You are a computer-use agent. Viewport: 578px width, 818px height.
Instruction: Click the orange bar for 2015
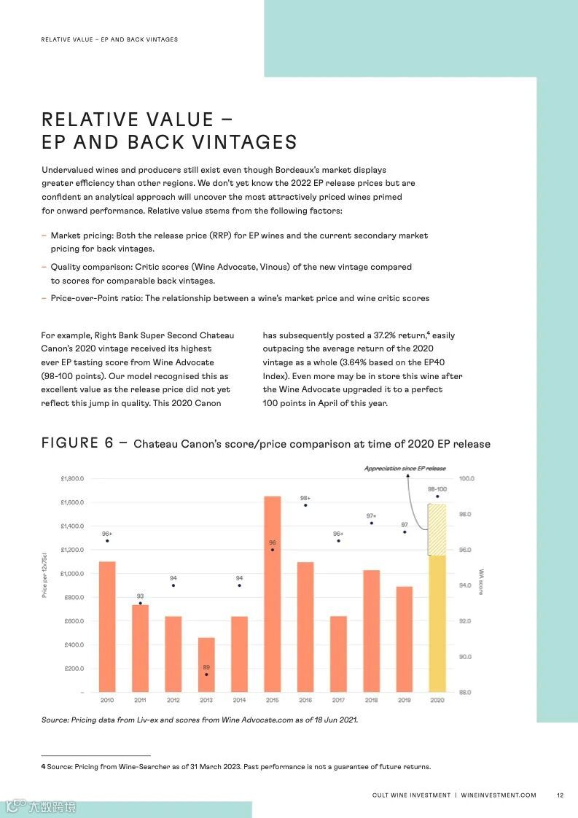(272, 594)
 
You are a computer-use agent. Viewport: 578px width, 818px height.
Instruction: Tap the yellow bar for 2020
(437, 623)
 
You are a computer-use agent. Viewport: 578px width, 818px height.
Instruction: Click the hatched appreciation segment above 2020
(437, 529)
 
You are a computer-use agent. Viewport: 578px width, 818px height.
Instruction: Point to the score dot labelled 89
(206, 675)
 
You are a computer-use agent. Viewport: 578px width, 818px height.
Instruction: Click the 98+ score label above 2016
(305, 498)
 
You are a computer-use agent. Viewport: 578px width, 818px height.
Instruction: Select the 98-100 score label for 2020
(437, 489)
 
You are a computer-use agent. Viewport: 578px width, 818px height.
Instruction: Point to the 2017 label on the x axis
(338, 701)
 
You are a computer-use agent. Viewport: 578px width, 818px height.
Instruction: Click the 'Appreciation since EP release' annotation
(405, 468)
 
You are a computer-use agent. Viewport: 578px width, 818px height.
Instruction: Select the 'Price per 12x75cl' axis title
(44, 576)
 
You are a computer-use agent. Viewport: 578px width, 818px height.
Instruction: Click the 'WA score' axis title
(481, 582)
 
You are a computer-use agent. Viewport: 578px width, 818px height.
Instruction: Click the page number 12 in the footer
(559, 795)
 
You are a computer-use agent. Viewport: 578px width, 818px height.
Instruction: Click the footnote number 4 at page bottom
(43, 767)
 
